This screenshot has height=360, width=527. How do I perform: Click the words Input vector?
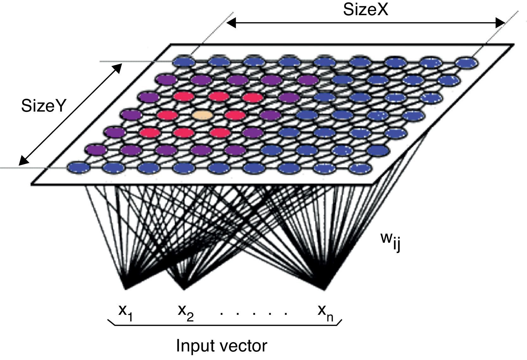click(x=221, y=346)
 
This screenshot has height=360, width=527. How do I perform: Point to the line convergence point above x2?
click(x=184, y=288)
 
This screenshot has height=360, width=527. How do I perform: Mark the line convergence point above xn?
click(x=323, y=288)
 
